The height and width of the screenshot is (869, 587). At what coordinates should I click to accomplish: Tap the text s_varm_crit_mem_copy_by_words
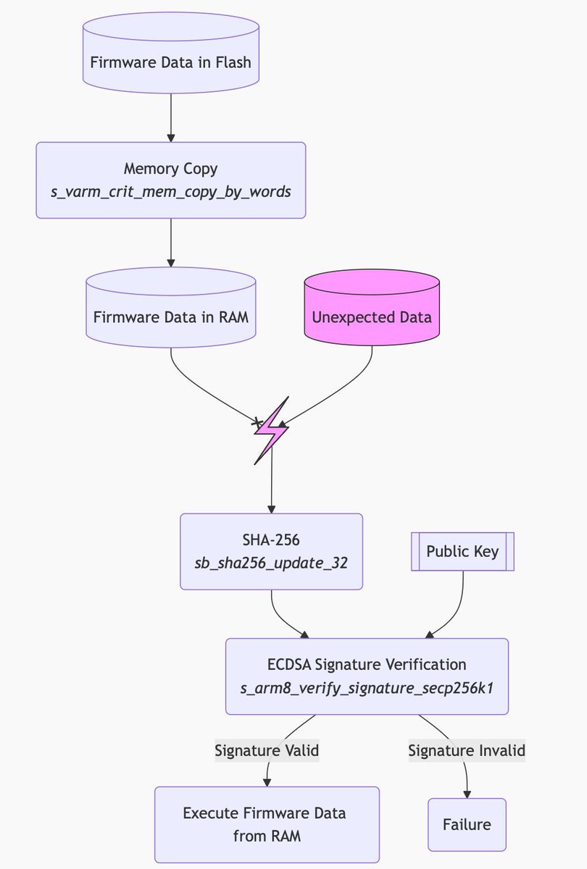pos(170,193)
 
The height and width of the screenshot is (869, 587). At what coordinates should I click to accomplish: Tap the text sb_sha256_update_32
pos(271,563)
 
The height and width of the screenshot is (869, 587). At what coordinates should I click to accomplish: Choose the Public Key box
pos(462,551)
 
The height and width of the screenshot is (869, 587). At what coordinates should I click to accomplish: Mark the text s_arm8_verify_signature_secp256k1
pos(367,687)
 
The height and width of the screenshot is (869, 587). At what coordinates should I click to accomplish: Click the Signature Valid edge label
pos(267,750)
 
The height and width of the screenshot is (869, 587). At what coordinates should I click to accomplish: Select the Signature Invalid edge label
pos(467,750)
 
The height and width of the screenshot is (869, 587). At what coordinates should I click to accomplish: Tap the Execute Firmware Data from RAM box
pos(267,824)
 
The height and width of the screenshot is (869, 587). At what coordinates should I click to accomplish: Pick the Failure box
pos(467,824)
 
